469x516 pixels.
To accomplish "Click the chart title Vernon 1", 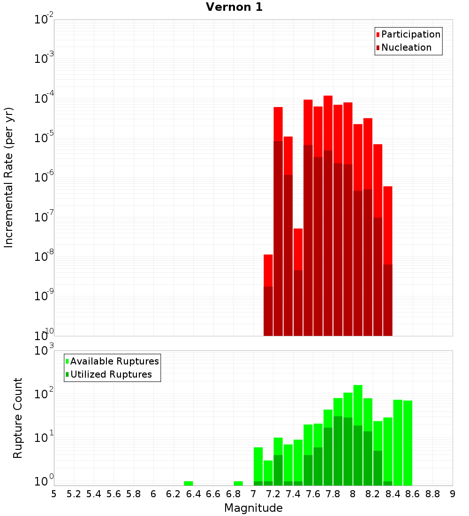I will (234, 8).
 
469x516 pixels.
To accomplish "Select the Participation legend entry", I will (410, 34).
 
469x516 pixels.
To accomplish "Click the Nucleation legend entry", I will (406, 47).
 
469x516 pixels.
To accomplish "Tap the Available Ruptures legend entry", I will (114, 361).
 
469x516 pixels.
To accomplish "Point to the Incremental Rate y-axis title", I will (9, 177).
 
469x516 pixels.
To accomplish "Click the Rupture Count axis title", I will (18, 418).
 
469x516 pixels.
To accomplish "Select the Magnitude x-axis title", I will (253, 508).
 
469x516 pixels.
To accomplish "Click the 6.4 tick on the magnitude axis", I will (193, 494).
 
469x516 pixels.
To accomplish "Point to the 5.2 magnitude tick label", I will (74, 494).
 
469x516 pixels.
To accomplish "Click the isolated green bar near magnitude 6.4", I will (189, 483).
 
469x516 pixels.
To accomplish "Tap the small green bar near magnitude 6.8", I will (238, 483).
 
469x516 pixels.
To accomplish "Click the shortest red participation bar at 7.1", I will (268, 270).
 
